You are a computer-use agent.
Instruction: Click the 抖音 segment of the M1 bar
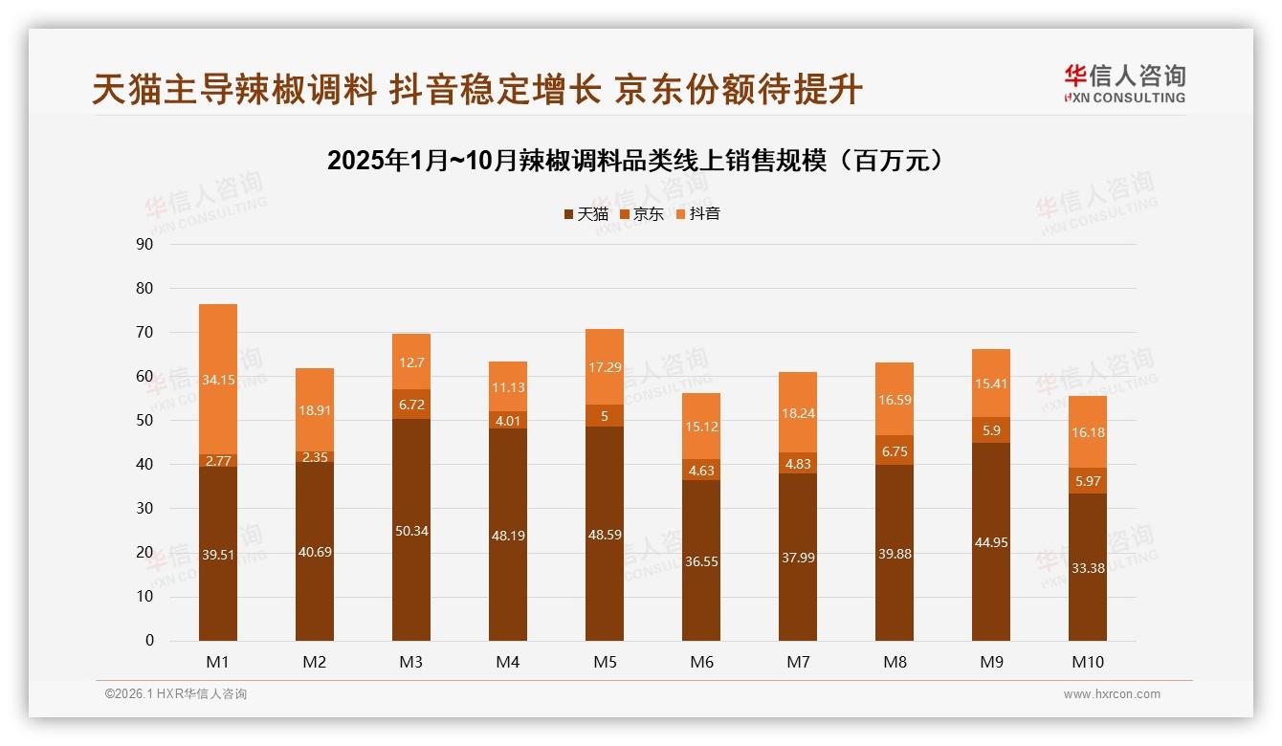(x=218, y=379)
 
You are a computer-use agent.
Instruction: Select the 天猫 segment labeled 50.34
(x=411, y=530)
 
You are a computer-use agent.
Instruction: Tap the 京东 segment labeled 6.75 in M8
(x=895, y=450)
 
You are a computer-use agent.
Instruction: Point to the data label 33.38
(x=1088, y=567)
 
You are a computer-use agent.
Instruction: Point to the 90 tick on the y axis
(x=145, y=244)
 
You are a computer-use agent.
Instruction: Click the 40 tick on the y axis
(x=145, y=464)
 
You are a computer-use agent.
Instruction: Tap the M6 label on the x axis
(x=701, y=662)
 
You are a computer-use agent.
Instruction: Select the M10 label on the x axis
(x=1088, y=662)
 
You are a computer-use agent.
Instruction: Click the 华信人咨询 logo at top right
(x=1124, y=83)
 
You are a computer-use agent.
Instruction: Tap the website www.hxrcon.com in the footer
(x=1112, y=694)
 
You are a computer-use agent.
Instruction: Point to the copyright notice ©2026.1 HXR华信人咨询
(x=176, y=694)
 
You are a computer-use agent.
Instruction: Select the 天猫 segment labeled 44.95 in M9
(x=991, y=542)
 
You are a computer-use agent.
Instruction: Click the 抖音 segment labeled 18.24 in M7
(x=798, y=412)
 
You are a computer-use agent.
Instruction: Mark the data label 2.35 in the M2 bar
(x=315, y=457)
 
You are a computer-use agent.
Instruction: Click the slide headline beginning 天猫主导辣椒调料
(x=477, y=89)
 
